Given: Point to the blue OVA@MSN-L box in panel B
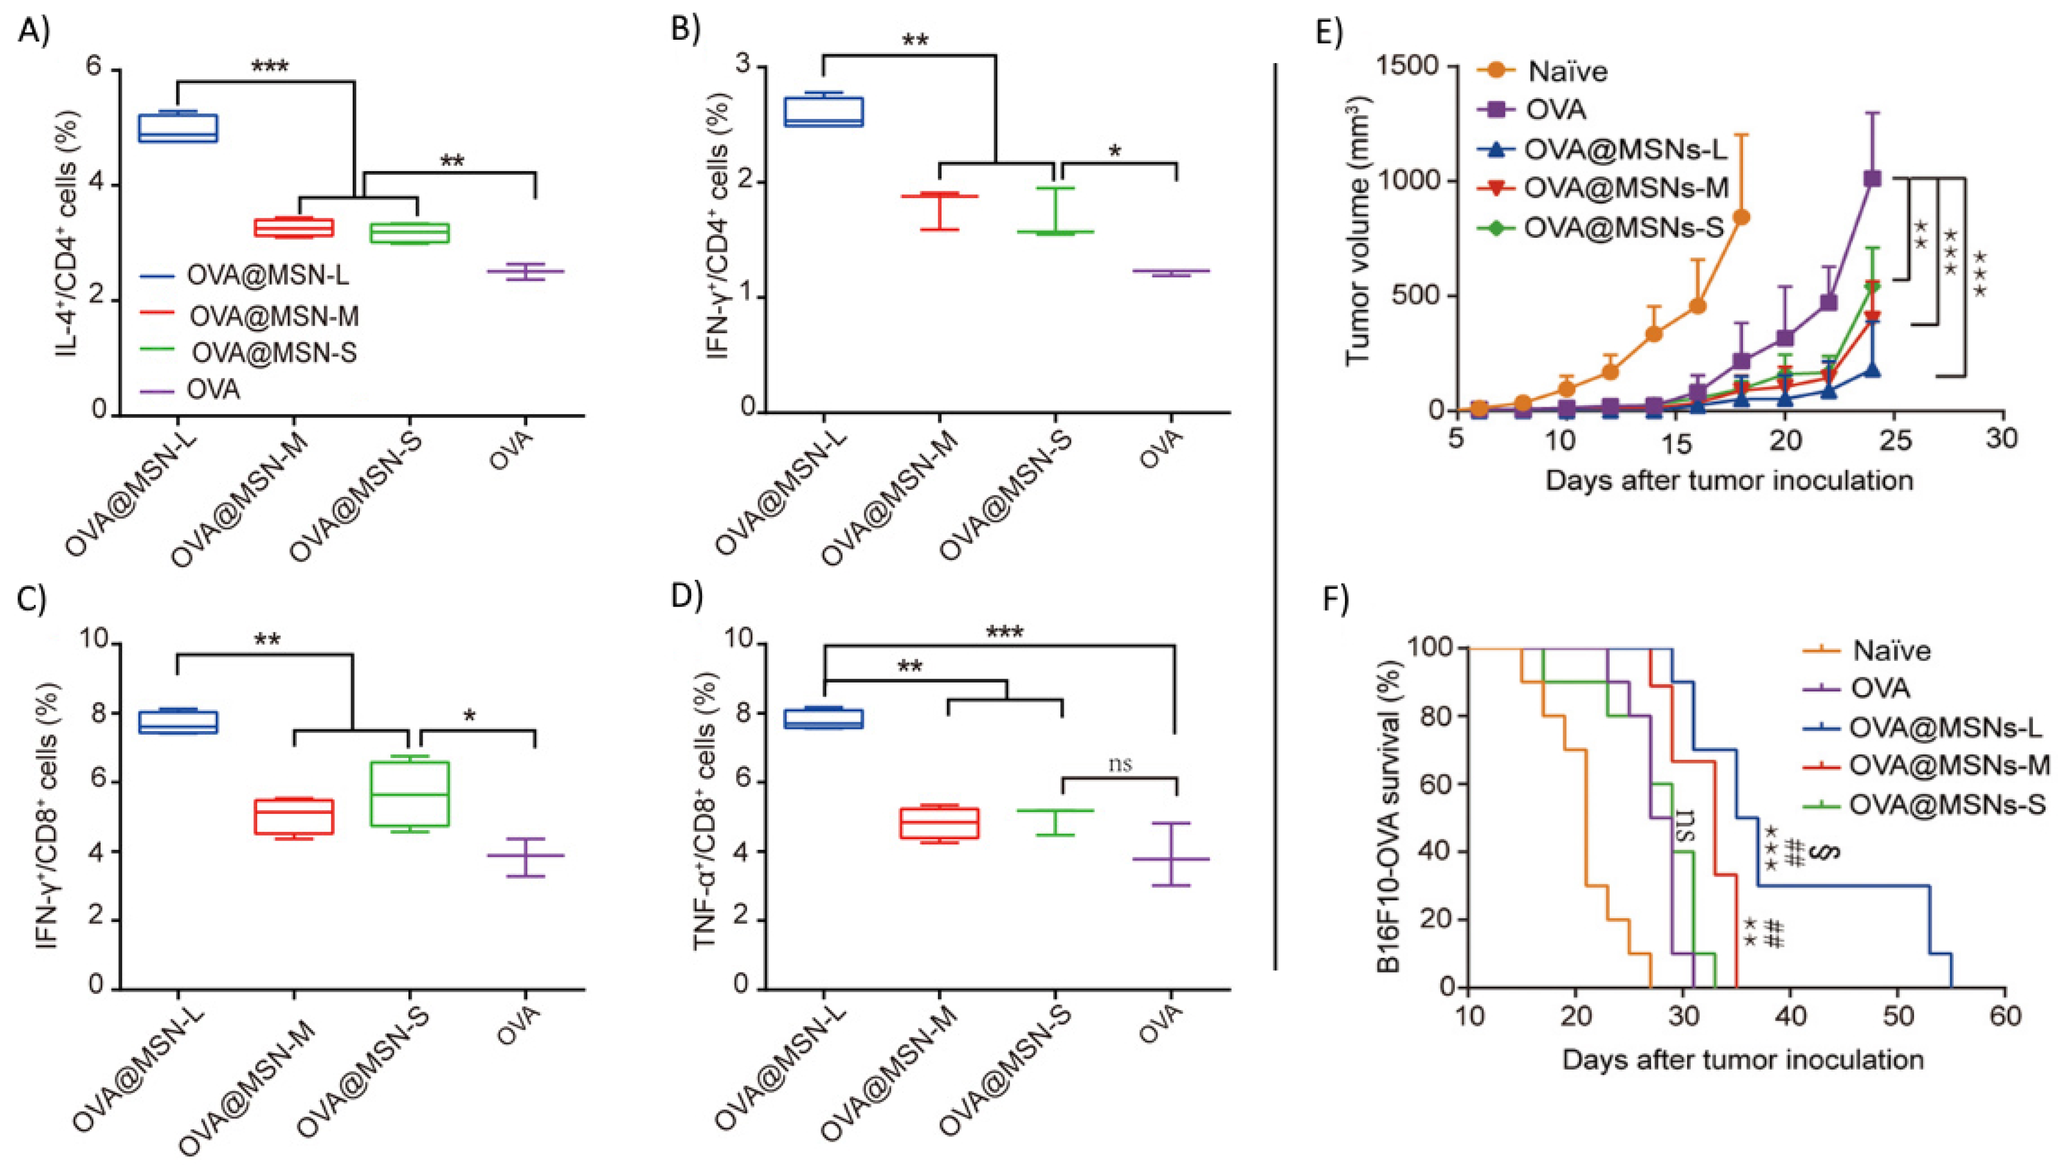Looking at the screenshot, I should (x=823, y=112).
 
